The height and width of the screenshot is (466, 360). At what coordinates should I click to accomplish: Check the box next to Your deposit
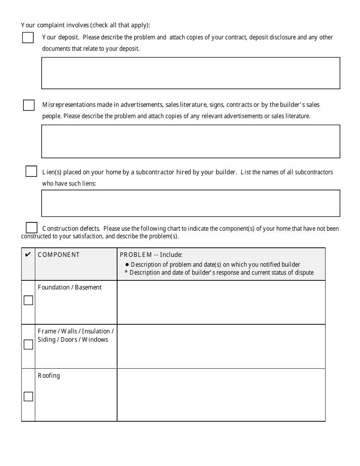pos(28,38)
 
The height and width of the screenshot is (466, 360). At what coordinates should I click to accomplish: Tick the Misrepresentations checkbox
pos(29,105)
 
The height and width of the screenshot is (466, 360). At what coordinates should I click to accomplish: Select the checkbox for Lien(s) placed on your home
pos(31,171)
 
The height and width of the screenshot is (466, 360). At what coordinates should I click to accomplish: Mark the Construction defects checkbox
pos(31,228)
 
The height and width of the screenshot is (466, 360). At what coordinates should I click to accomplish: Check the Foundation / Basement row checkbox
pos(28,300)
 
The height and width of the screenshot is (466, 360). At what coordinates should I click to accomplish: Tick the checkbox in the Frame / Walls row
pos(28,345)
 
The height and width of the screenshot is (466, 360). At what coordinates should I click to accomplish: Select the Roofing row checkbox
pos(28,397)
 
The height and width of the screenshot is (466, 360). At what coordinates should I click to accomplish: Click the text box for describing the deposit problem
pos(191,73)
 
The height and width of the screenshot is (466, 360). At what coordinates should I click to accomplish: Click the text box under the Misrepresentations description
pos(191,141)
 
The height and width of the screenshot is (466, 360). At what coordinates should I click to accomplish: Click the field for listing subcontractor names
pos(191,203)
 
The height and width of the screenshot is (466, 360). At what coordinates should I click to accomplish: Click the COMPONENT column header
pos(59,255)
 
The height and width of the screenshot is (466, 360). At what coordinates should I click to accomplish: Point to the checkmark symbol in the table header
pos(28,255)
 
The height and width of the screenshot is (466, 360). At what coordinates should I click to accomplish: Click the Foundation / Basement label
pos(70,288)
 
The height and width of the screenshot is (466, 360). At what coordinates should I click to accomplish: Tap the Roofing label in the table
pos(49,376)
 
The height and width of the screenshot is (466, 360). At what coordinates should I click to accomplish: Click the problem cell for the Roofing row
pos(221,395)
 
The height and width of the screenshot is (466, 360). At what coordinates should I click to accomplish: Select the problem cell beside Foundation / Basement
pos(221,302)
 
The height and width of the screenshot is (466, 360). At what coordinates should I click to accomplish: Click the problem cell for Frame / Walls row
pos(221,346)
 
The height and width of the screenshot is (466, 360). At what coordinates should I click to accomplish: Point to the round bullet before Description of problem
pos(127,265)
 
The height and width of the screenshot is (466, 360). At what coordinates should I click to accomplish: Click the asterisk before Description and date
pos(126,272)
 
